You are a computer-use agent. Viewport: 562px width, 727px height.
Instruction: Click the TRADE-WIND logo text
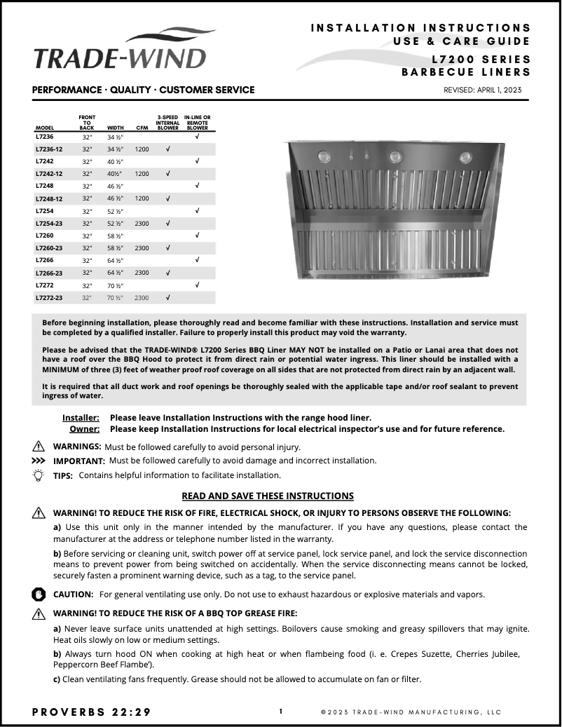(120, 58)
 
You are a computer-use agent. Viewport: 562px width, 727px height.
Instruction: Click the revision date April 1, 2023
(483, 90)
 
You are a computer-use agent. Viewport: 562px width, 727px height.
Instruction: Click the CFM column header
(142, 128)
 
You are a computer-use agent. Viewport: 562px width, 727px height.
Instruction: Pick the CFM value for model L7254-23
(142, 223)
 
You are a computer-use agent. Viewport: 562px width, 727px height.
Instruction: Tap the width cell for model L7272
(115, 285)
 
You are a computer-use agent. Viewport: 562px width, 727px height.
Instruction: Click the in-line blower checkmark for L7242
(197, 161)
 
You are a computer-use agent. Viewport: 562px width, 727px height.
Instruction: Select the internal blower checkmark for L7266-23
(167, 273)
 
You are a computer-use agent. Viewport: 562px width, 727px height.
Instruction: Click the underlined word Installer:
(81, 417)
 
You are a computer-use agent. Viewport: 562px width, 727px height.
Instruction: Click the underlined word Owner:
(84, 429)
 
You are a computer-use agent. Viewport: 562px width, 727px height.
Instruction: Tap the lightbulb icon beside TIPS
(39, 475)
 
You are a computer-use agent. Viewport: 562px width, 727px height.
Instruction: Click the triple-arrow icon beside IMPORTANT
(39, 461)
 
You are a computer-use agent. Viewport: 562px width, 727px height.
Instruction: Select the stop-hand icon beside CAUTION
(39, 594)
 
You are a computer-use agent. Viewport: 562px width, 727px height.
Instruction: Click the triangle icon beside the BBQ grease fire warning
(39, 613)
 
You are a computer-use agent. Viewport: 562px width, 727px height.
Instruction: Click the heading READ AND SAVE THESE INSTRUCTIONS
(268, 496)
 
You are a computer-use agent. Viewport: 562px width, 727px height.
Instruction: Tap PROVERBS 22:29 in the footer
(91, 712)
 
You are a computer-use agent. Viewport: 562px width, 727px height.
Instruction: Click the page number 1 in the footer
(281, 712)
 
